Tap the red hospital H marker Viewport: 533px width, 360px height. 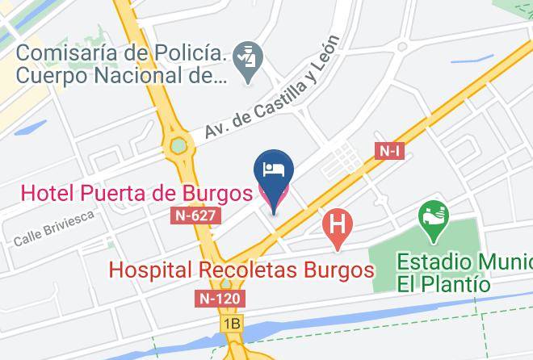click(338, 224)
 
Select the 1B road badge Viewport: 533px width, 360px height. click(233, 324)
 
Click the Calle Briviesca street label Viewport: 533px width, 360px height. click(54, 228)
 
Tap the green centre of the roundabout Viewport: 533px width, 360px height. click(178, 146)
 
